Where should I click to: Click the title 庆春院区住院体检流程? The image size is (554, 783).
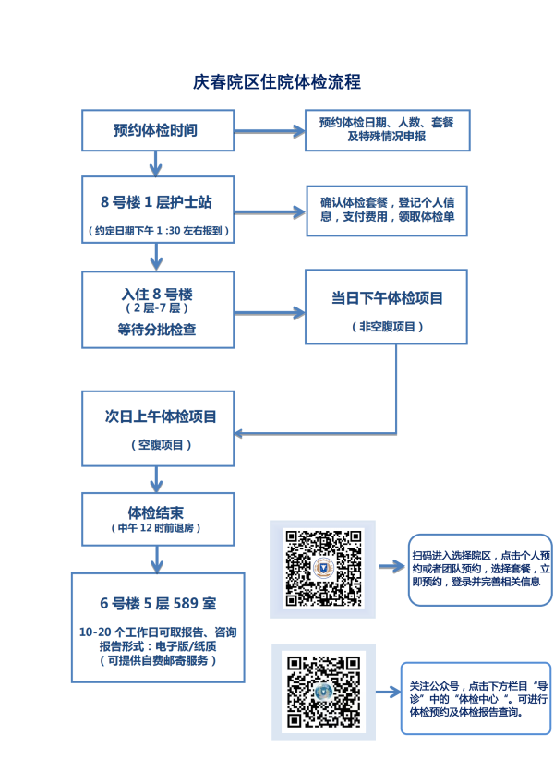276,82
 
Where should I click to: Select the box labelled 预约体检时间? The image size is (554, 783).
155,130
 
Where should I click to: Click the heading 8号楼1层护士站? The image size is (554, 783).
155,202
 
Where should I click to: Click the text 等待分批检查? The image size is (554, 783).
156,330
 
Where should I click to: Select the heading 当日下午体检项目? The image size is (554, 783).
386,298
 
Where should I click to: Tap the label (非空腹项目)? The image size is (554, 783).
386,326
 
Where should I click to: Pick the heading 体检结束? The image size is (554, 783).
155,511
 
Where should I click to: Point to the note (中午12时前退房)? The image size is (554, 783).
155,528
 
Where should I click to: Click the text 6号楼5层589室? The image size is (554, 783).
158,604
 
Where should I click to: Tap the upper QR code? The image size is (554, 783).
322,567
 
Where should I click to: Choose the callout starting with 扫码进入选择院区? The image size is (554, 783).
479,569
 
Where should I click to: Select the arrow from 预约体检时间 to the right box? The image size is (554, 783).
269,131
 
